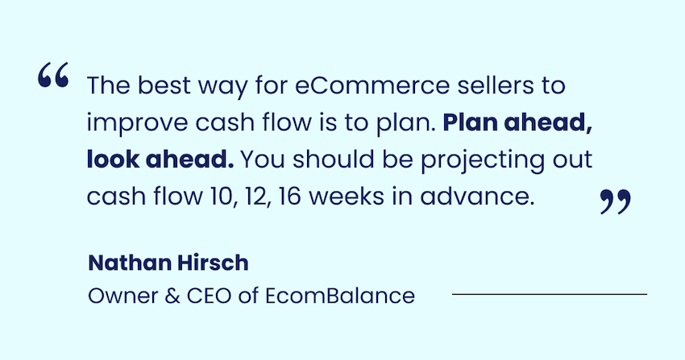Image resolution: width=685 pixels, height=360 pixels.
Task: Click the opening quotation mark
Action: (x=53, y=75)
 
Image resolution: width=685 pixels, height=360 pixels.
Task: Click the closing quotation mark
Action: (x=616, y=201)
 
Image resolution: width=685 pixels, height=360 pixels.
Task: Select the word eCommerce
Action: (x=372, y=85)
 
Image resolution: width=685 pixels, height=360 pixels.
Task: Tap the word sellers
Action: (x=496, y=85)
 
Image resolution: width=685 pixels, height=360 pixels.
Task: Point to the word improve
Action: (x=137, y=122)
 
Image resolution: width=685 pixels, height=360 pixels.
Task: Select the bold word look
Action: (x=112, y=159)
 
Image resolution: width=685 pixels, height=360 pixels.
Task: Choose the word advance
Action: (x=477, y=196)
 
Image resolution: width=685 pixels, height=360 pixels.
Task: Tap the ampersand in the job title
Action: (x=172, y=296)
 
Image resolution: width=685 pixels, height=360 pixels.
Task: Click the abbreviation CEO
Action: (x=209, y=296)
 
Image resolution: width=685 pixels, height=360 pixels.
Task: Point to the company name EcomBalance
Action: (x=340, y=296)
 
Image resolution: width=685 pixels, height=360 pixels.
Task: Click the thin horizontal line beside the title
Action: (x=550, y=294)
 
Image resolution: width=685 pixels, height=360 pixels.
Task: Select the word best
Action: (x=164, y=85)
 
